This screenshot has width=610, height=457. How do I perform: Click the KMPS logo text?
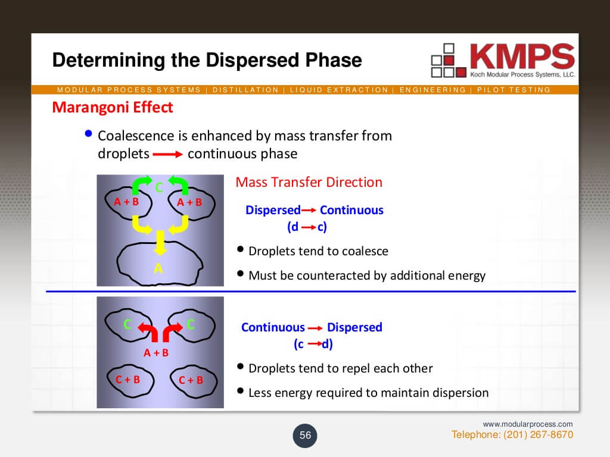pos(522,57)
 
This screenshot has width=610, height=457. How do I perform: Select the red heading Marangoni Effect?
pos(113,107)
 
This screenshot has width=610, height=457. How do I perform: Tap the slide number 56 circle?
pos(305,435)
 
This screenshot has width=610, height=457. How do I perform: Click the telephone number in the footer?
pos(512,434)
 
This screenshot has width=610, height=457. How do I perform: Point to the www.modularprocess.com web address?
pos(528,424)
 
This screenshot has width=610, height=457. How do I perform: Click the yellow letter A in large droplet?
pos(158,268)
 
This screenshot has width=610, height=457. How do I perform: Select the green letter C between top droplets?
pos(158,187)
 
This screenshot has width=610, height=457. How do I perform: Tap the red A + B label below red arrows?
pos(156,352)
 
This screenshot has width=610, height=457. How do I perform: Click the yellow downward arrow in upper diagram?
pos(160,243)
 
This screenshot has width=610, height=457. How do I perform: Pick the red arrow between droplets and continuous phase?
pos(167,154)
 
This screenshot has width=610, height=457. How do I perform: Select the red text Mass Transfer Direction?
pos(309,182)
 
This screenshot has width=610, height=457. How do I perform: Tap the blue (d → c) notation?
pos(307,227)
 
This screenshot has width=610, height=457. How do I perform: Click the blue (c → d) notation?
pos(313,344)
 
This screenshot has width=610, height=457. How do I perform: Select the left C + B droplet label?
pos(127,379)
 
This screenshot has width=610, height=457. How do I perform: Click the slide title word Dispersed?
pos(253,60)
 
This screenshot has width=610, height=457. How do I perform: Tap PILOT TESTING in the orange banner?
pos(513,90)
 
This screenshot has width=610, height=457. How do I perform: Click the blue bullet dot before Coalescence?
pos(88,134)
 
